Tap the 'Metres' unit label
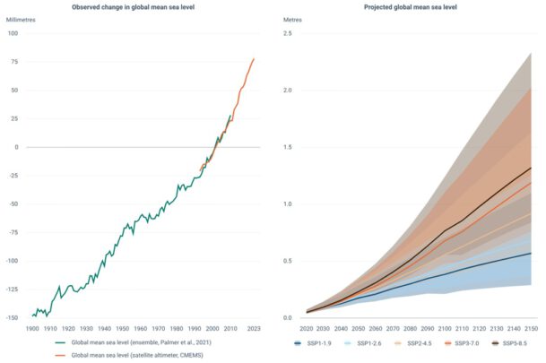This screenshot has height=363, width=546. tap(292, 19)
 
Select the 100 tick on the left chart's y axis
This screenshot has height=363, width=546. tap(13, 33)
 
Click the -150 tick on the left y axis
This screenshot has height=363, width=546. tap(11, 317)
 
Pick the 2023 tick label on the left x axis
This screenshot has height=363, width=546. tap(254, 328)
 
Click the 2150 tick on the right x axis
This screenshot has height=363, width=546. tap(531, 328)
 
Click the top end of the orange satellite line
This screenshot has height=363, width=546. tap(254, 59)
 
